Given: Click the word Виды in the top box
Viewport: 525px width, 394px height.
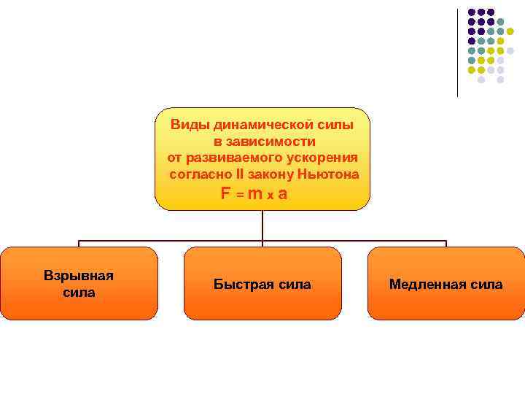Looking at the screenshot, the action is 186,125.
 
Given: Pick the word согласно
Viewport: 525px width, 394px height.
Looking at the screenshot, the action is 198,174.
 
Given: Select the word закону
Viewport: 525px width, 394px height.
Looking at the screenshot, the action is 271,174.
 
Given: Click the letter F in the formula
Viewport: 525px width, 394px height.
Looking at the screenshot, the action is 226,194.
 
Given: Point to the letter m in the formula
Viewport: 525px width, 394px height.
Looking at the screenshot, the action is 255,194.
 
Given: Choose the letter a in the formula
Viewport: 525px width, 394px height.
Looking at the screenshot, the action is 282,194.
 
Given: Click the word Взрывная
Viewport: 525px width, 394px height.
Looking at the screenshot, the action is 79,276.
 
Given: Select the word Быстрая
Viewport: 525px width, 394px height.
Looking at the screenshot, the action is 236,285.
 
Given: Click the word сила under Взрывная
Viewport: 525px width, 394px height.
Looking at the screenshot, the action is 79,293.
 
